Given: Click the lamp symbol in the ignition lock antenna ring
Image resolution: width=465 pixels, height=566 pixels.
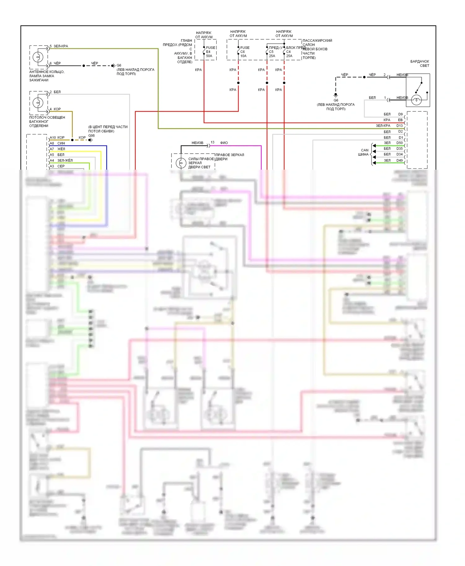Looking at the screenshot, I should point(38,57).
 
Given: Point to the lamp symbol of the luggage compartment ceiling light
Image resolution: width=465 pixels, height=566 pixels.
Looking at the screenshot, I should point(38,102).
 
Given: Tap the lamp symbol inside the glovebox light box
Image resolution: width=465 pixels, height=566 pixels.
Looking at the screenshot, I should point(417,100).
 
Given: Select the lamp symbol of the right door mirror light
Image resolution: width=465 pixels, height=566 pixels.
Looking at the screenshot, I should point(181,163).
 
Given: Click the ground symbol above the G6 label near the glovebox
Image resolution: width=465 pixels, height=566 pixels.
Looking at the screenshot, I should point(335,95).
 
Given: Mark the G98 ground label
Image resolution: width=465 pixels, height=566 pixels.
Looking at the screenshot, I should point(91,136).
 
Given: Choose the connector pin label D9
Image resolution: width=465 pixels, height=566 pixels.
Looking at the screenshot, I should point(401,114).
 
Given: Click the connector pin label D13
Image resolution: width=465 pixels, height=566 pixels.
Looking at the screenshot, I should point(400,126).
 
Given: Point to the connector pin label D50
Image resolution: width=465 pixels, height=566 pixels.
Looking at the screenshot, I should point(400,143).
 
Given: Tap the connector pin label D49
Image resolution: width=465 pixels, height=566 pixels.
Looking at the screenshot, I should point(400,160).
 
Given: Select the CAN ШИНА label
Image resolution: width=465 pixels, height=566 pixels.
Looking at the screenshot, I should point(364,152).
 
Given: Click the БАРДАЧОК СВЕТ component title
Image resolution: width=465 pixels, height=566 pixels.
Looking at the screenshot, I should point(420,63).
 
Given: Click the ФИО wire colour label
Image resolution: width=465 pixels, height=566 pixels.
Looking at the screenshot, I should point(224,143).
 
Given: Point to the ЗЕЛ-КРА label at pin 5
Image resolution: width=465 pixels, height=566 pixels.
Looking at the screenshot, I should point(61,46).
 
